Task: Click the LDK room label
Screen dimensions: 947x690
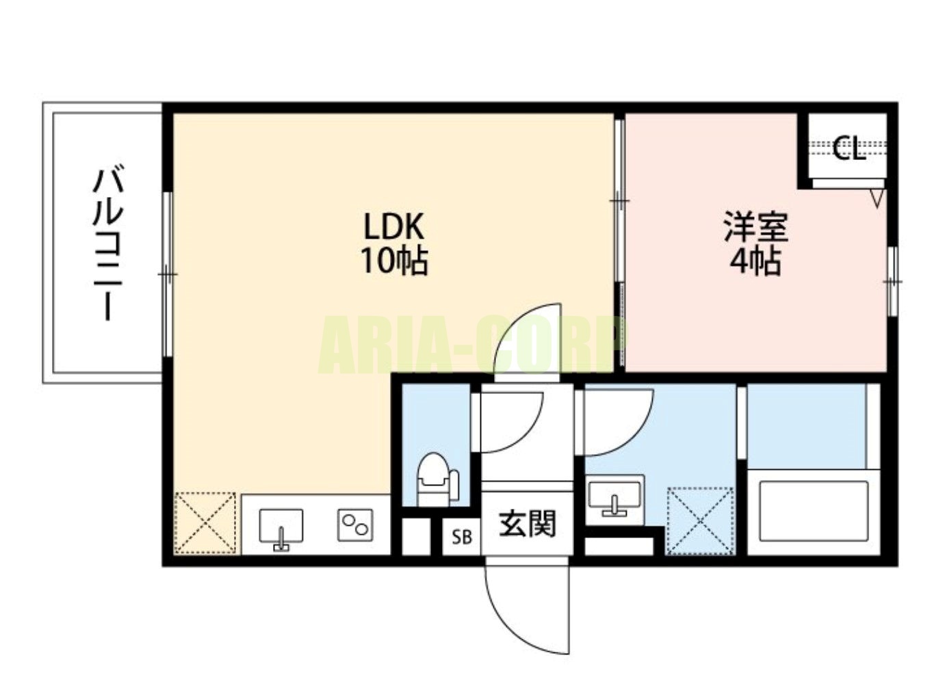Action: (394, 226)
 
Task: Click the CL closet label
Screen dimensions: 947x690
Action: (849, 148)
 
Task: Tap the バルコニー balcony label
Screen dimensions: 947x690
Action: (108, 245)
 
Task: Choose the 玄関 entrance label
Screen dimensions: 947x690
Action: (527, 524)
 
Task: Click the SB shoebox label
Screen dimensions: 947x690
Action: (462, 537)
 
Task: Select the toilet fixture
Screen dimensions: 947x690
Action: (437, 479)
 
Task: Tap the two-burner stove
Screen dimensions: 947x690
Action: (355, 525)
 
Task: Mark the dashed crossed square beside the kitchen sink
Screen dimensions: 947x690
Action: (205, 522)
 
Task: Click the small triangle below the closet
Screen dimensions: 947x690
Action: (879, 198)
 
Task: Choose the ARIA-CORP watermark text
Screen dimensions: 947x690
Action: (473, 345)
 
